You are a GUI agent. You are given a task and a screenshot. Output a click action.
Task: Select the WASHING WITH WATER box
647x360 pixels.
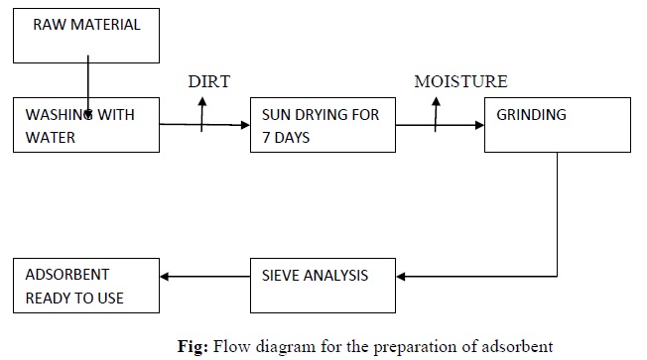[86, 125]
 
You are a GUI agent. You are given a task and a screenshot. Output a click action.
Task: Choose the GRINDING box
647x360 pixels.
[557, 125]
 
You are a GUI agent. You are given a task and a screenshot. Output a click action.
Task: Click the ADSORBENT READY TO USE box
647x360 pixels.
[86, 284]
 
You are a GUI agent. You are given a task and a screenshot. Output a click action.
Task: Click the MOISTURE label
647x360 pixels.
[460, 81]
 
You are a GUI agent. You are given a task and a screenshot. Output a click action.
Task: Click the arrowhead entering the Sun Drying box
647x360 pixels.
[243, 124]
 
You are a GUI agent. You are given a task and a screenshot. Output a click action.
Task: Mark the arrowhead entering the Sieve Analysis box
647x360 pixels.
[401, 275]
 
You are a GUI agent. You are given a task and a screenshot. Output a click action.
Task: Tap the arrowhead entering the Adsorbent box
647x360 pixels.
[166, 277]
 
